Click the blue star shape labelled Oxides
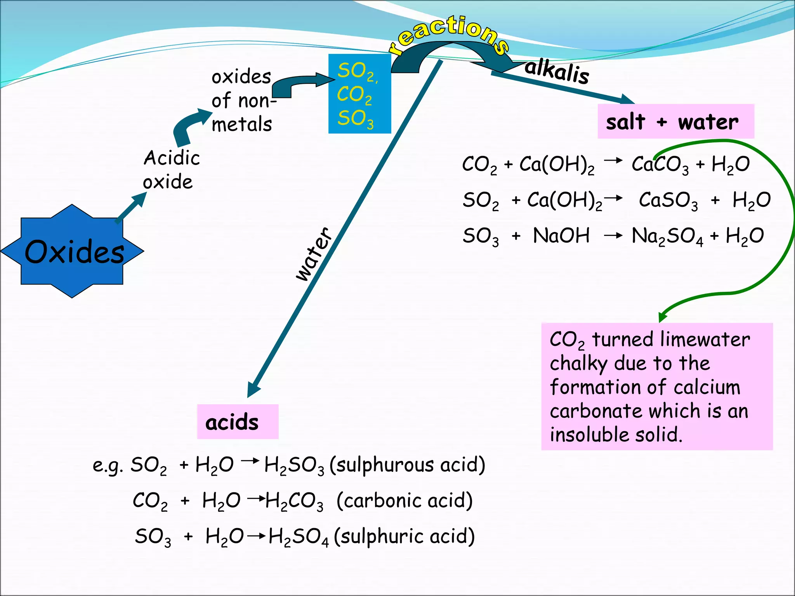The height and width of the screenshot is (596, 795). pyautogui.click(x=72, y=251)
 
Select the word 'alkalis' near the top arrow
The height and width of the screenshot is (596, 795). pyautogui.click(x=557, y=71)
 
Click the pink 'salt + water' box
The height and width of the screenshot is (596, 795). pyautogui.click(x=675, y=121)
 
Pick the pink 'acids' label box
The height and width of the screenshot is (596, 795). pyautogui.click(x=238, y=422)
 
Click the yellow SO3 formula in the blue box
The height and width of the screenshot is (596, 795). pyautogui.click(x=355, y=118)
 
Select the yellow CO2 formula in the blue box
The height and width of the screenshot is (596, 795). pyautogui.click(x=354, y=95)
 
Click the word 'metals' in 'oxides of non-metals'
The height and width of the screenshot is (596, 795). pyautogui.click(x=241, y=125)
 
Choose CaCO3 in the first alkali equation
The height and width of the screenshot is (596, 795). pyautogui.click(x=660, y=165)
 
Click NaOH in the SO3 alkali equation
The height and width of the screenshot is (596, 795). pyautogui.click(x=561, y=236)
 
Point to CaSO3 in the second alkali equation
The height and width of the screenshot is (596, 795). pyautogui.click(x=668, y=201)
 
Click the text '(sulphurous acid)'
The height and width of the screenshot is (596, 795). pyautogui.click(x=407, y=465)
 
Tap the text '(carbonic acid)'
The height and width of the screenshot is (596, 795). pyautogui.click(x=404, y=501)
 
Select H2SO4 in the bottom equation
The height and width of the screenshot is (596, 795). pyautogui.click(x=298, y=537)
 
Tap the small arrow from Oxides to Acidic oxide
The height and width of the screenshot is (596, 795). pyautogui.click(x=132, y=208)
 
